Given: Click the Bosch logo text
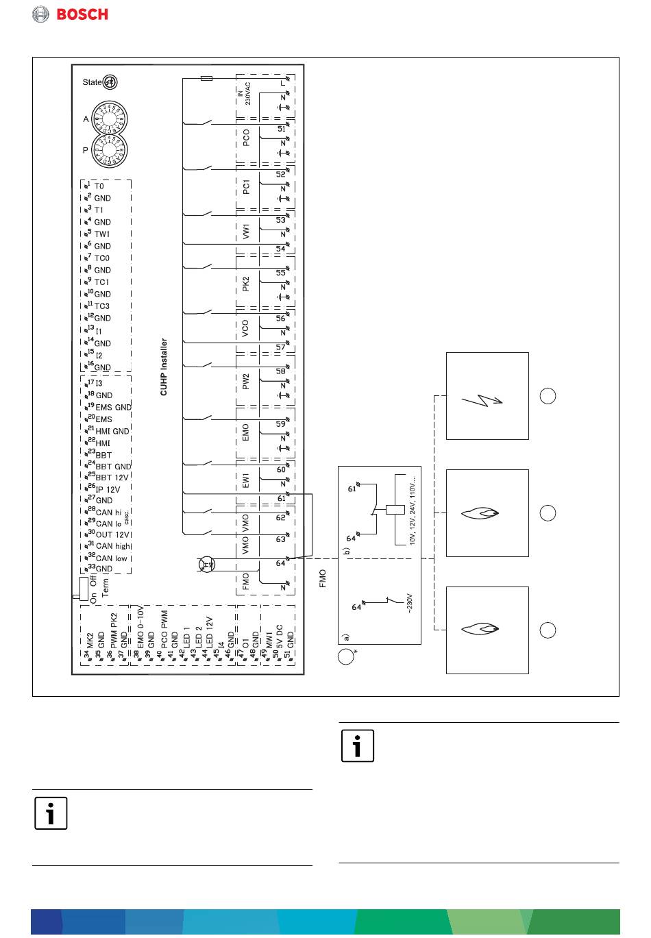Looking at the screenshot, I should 82,14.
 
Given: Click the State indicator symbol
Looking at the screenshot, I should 110,82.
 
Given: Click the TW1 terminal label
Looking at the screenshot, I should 102,234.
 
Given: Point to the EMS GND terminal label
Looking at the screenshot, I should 113,408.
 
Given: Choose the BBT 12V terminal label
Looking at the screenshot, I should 112,478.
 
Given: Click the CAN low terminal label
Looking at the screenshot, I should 112,558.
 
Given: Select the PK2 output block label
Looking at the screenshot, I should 246,284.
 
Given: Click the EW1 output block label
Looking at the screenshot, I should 246,480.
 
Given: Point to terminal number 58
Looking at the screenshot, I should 281,371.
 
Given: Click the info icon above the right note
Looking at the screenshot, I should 358,746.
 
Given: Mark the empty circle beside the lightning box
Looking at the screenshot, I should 548,396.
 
